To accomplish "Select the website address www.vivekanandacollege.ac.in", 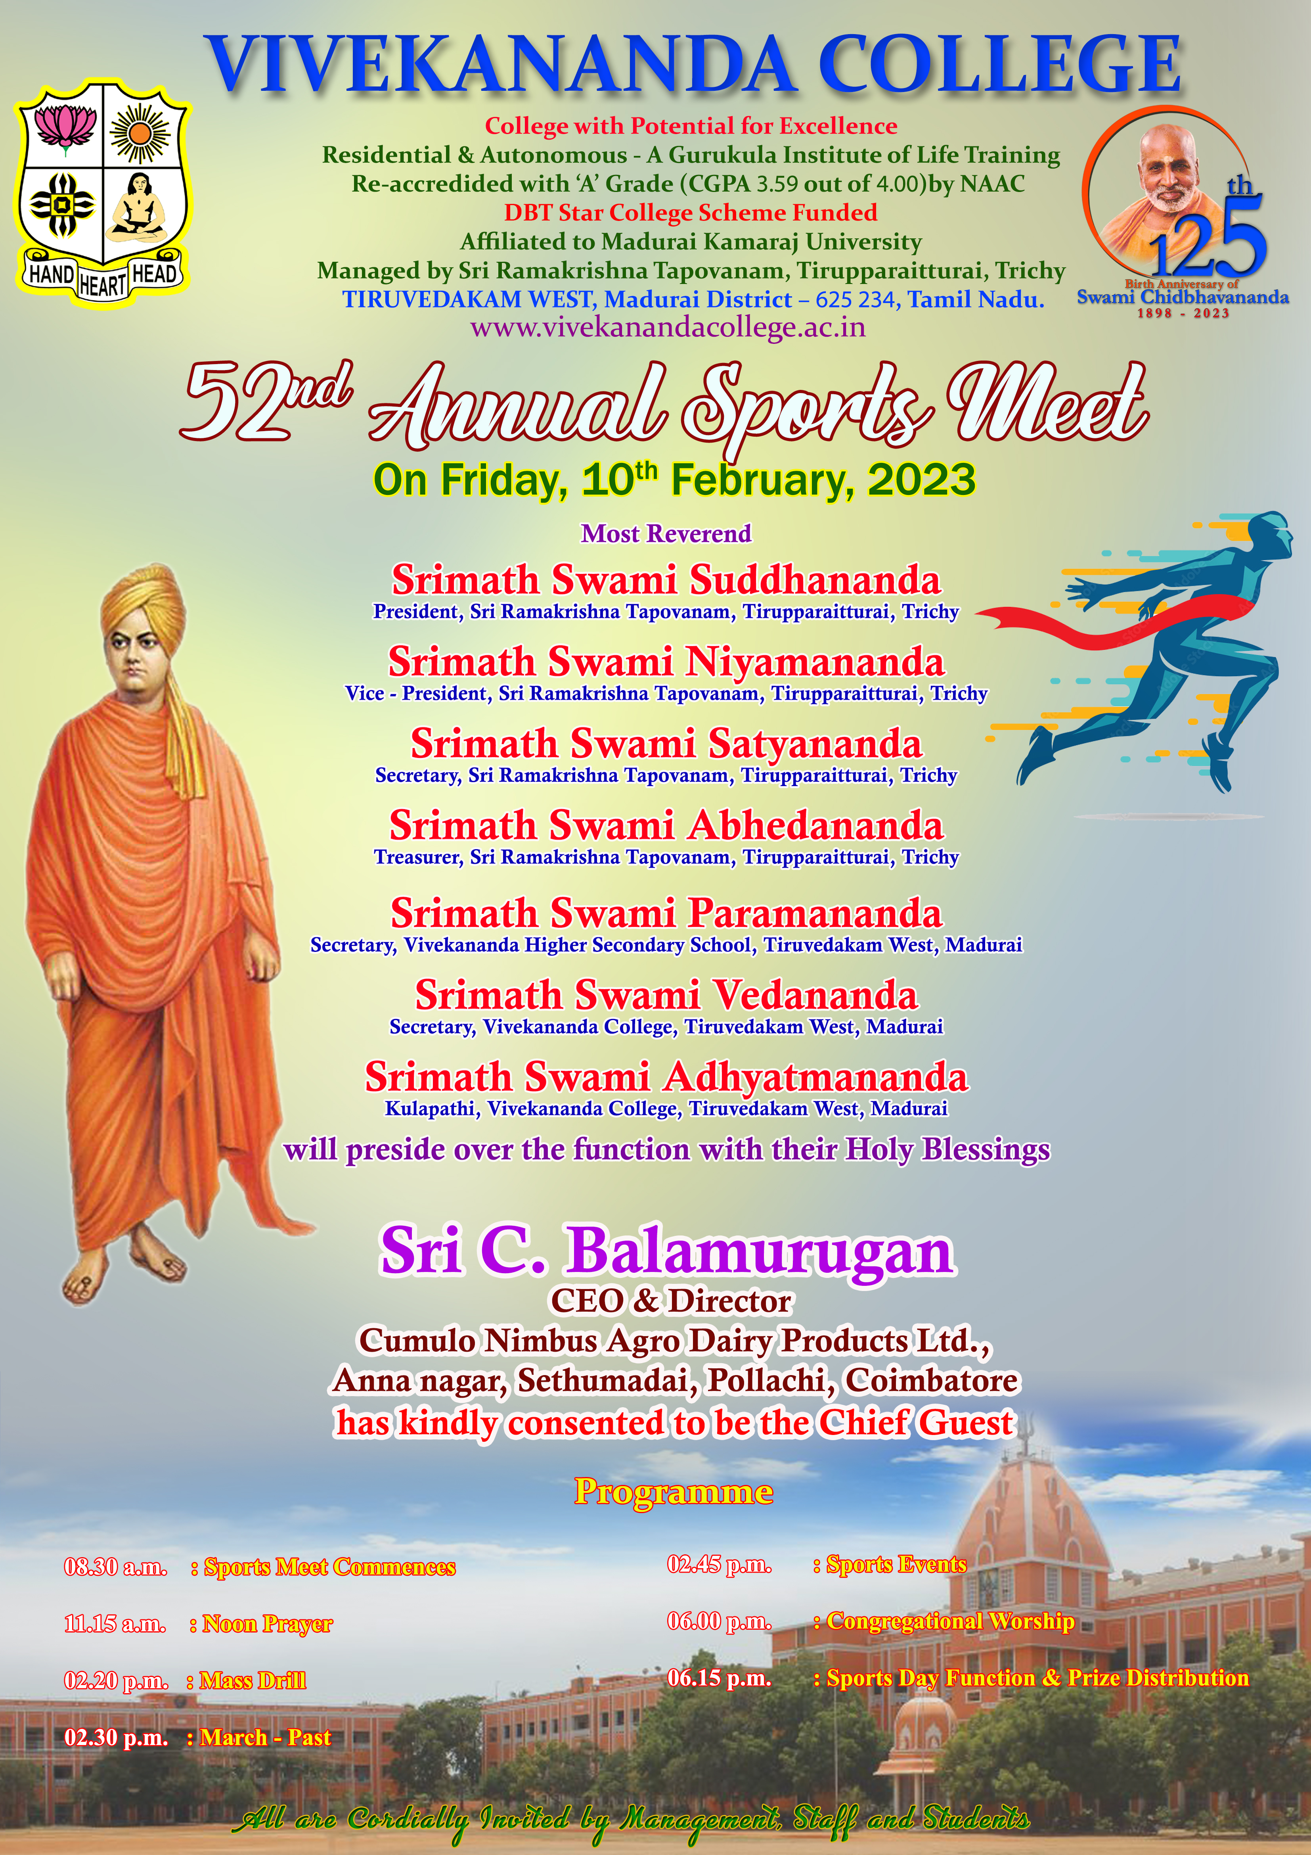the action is click(668, 327).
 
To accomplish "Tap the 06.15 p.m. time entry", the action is click(719, 1678).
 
